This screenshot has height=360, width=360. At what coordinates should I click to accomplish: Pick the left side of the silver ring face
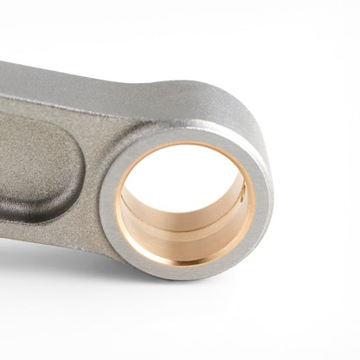108,203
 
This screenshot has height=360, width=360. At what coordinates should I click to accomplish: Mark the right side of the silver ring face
262,203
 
